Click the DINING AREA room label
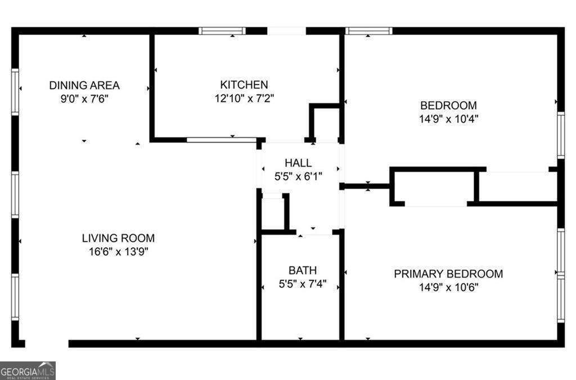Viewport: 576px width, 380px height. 84,86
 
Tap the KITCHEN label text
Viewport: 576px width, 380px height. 244,85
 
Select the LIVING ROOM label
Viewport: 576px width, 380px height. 118,238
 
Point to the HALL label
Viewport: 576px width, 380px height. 298,163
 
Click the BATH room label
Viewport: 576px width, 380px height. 303,270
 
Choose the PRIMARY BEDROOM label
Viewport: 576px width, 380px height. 448,274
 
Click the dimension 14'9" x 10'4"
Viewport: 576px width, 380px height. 448,119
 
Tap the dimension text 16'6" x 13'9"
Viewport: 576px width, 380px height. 118,252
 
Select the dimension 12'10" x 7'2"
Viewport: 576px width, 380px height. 244,99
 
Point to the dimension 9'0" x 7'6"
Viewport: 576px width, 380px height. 84,99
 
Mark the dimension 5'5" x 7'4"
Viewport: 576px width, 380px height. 303,284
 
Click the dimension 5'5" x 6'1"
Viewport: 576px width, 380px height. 298,176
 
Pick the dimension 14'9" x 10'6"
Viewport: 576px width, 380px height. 448,288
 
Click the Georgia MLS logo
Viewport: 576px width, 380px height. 28,370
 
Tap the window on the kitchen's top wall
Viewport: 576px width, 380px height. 222,31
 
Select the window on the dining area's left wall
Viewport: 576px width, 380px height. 15,92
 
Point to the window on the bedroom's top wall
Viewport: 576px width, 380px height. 368,31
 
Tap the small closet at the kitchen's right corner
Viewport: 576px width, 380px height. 326,123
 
